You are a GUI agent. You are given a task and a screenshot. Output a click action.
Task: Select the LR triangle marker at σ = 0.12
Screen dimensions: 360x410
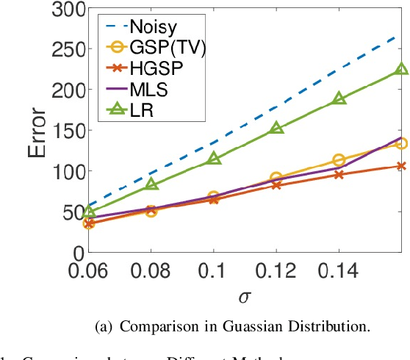[276, 128]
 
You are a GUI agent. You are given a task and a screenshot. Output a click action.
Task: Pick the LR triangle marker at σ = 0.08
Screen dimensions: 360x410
[151, 184]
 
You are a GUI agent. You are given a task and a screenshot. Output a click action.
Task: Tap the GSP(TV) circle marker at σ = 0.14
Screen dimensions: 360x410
[339, 160]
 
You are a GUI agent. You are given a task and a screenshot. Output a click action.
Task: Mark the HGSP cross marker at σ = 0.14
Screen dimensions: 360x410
[339, 175]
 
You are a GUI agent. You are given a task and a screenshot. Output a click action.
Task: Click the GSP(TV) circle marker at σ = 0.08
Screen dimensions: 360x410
[151, 211]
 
